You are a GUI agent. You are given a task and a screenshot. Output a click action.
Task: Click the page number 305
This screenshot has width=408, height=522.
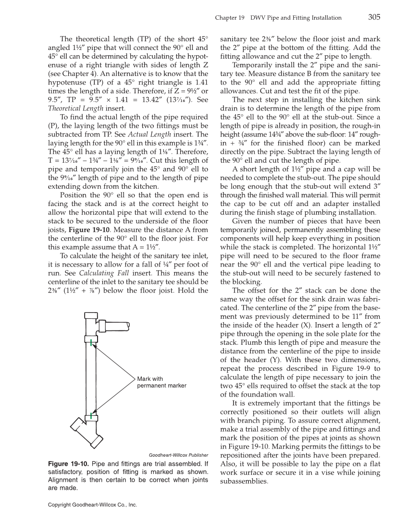(374, 17)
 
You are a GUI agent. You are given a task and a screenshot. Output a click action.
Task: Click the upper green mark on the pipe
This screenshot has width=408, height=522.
(91, 342)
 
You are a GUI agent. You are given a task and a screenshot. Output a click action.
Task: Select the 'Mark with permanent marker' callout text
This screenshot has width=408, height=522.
(161, 382)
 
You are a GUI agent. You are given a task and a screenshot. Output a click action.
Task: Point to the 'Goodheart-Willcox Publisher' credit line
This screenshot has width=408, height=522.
(178, 455)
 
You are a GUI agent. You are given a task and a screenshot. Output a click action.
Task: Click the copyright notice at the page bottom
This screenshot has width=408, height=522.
(93, 505)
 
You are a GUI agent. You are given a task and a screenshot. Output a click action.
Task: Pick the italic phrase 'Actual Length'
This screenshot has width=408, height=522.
(156, 134)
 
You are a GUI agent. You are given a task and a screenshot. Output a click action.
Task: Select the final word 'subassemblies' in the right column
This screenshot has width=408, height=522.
(243, 482)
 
